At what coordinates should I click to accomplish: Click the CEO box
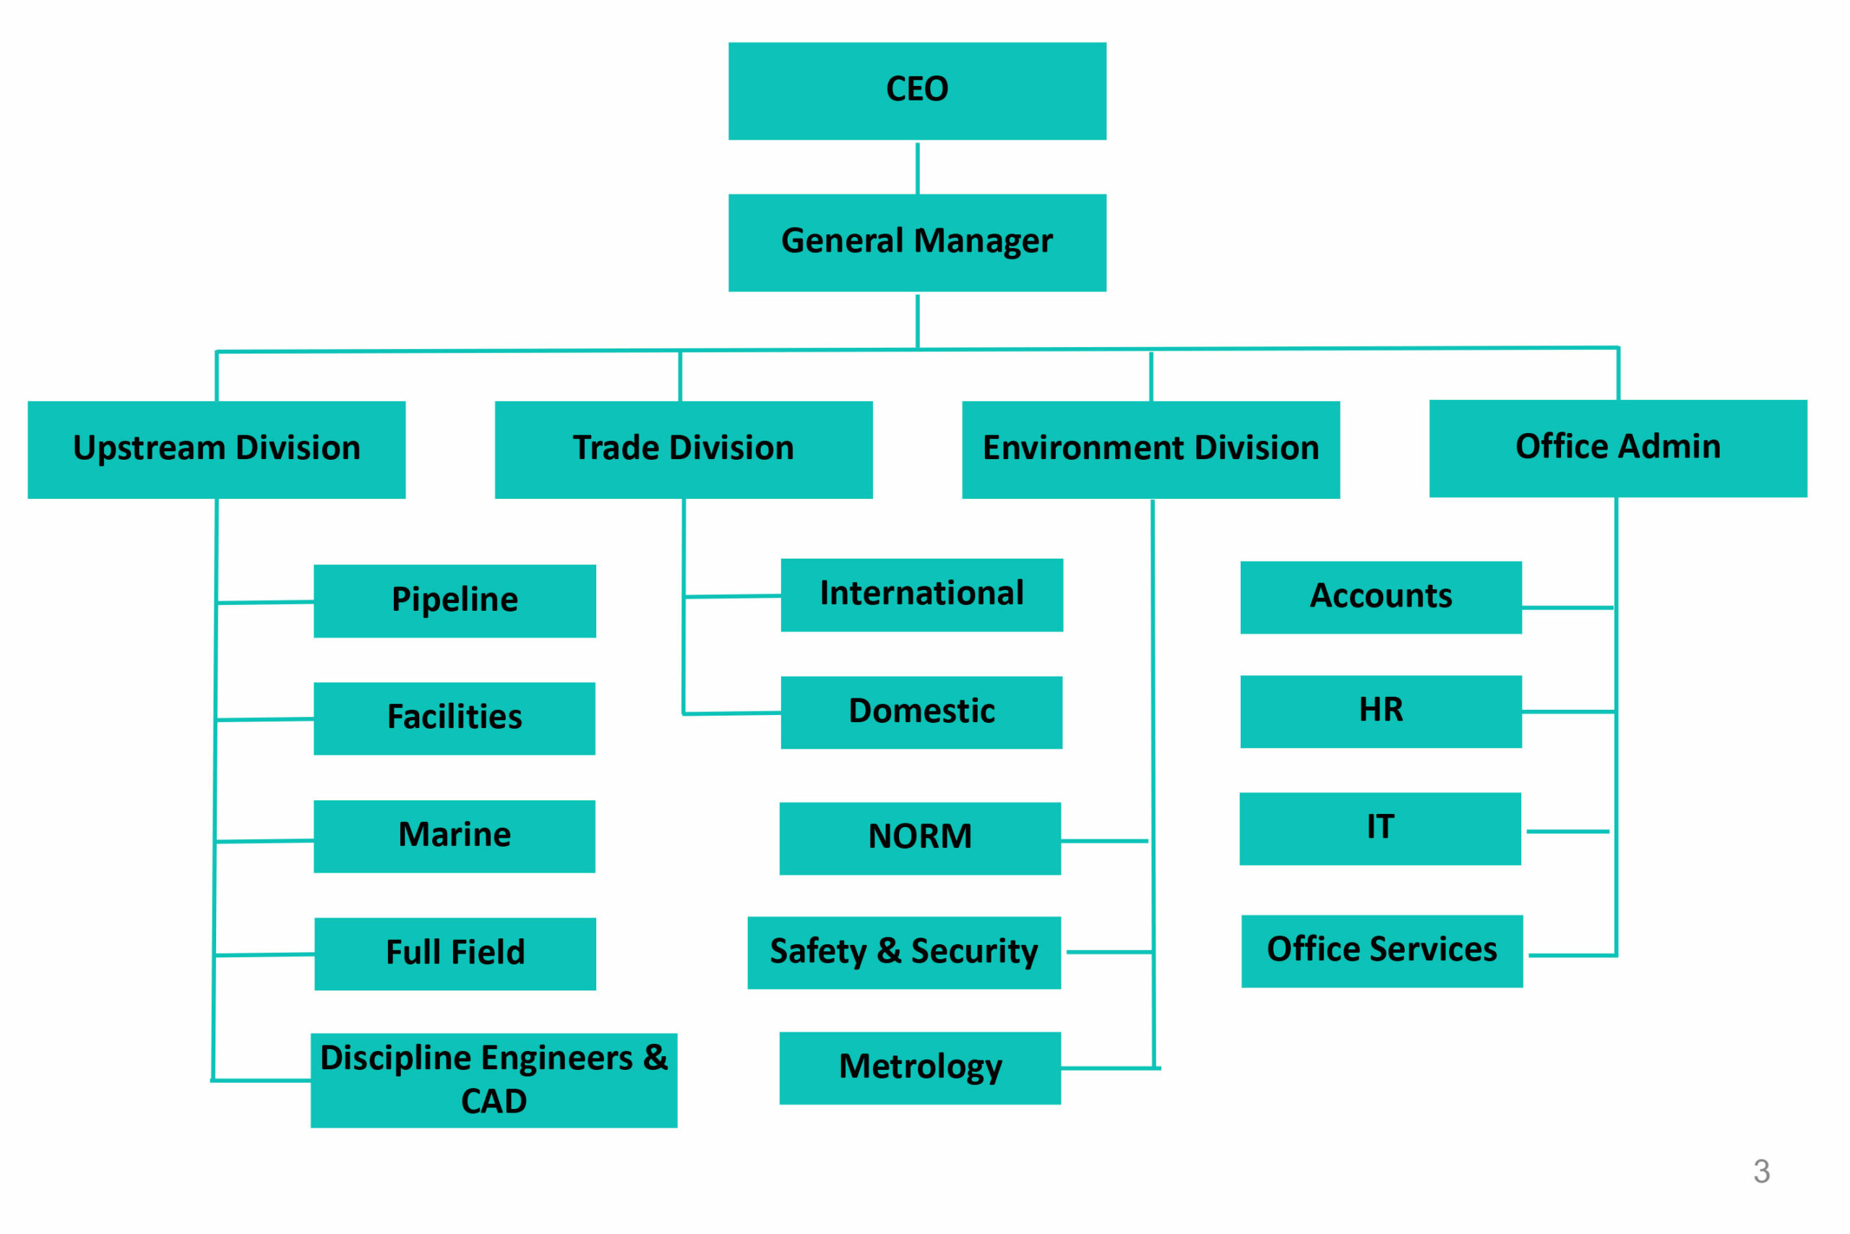click(x=917, y=91)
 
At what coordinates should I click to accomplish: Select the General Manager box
click(x=917, y=243)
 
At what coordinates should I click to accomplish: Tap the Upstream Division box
click(x=216, y=450)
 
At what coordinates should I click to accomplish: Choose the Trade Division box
click(x=684, y=450)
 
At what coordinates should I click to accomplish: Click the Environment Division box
click(x=1150, y=450)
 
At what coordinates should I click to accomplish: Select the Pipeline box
click(x=455, y=601)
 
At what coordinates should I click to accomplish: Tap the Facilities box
click(x=455, y=719)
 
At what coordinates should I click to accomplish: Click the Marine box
click(x=455, y=836)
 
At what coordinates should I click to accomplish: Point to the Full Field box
click(x=455, y=954)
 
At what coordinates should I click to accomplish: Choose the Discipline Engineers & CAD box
click(x=494, y=1081)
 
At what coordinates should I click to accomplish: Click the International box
click(x=922, y=595)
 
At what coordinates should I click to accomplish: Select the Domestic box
click(x=922, y=712)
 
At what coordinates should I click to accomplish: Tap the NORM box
click(x=920, y=838)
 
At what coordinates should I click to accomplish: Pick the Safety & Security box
click(x=904, y=952)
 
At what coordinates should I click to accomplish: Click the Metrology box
click(x=920, y=1068)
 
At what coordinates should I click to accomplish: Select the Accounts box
click(x=1381, y=597)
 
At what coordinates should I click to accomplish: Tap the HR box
click(x=1381, y=711)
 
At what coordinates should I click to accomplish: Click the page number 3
click(x=1762, y=1172)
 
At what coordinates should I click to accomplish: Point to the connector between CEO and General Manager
click(x=917, y=168)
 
